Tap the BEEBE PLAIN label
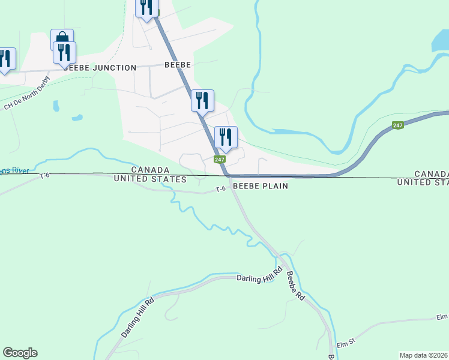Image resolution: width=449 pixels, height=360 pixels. [260, 186]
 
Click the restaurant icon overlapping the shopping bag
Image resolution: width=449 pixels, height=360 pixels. [65, 52]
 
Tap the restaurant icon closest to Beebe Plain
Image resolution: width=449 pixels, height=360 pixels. [226, 137]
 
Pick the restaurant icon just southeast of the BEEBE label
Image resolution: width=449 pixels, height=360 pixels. [202, 100]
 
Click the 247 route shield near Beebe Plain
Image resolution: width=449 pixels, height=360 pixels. [220, 160]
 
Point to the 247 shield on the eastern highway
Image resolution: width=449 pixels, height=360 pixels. [398, 125]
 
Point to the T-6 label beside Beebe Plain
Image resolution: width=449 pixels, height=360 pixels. [220, 189]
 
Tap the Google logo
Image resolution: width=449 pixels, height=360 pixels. [20, 353]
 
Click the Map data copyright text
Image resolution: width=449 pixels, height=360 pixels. [423, 355]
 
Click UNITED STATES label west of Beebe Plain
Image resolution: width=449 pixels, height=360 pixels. [150, 179]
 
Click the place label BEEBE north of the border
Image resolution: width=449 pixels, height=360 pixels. [177, 65]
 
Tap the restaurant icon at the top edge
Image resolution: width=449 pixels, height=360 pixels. [146, 7]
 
